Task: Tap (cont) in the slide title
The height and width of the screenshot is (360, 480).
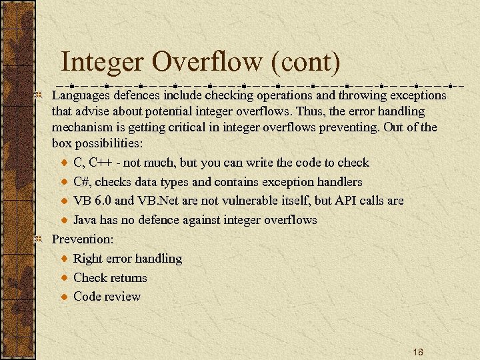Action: point(305,62)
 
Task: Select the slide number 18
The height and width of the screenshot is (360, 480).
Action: point(418,352)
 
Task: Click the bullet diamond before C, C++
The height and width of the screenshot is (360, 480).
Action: point(63,163)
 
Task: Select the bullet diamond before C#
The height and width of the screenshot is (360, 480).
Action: point(63,182)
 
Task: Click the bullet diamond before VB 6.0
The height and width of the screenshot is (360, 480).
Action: point(63,201)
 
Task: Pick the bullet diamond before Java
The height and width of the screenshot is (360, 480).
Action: point(63,220)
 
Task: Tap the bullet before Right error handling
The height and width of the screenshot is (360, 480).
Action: point(63,259)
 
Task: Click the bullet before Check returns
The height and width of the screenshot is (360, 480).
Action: point(63,278)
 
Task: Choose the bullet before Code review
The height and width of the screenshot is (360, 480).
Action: point(63,297)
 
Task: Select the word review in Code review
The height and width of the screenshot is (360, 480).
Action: point(123,297)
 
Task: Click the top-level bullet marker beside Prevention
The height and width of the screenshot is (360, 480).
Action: point(39,239)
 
